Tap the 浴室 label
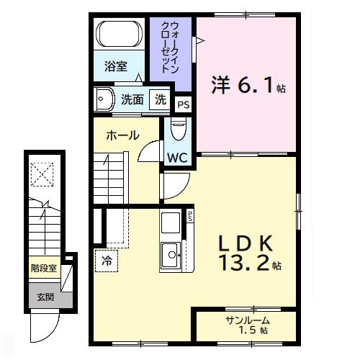point(116,67)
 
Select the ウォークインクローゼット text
point(171,47)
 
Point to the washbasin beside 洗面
point(104,99)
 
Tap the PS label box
point(184,104)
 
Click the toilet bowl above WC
point(179,130)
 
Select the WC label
point(178,157)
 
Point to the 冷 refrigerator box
point(107,259)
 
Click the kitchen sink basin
point(171,254)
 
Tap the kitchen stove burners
point(171,222)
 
